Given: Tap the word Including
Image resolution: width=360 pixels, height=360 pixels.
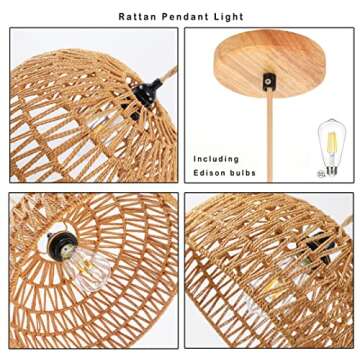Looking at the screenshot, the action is [x=217, y=158].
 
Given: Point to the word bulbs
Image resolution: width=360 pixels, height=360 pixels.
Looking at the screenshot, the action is [x=242, y=173].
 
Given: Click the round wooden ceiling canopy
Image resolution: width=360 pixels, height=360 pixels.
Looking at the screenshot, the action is [x=266, y=55].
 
